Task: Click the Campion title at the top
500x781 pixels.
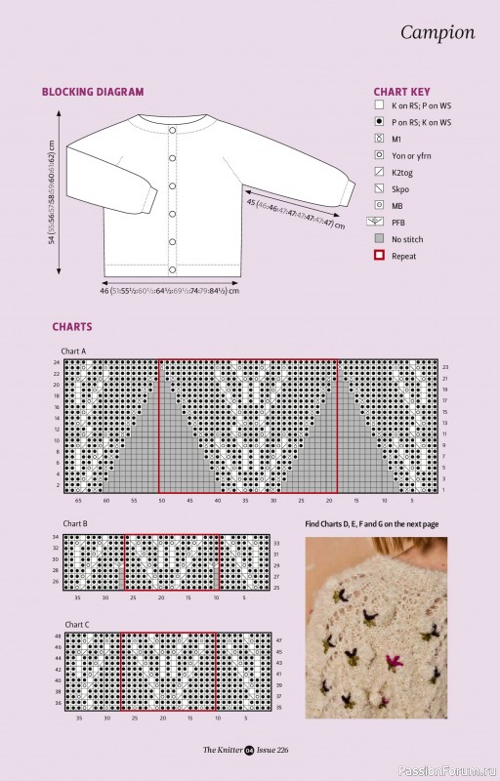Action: (437, 33)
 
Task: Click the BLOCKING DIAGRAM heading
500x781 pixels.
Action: (92, 92)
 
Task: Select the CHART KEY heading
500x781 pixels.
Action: (401, 92)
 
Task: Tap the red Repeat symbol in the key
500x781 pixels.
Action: (378, 255)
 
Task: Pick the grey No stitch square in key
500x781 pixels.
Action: (378, 238)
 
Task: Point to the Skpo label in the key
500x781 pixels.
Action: (400, 187)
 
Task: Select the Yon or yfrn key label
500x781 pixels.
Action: (411, 154)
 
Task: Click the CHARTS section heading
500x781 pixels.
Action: (72, 327)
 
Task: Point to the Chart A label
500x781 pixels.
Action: (73, 349)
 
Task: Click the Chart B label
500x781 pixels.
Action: (73, 523)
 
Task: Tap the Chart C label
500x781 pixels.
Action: (74, 623)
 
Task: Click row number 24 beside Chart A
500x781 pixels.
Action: (56, 362)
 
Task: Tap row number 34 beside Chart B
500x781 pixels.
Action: (56, 537)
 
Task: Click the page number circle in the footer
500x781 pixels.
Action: (249, 750)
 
